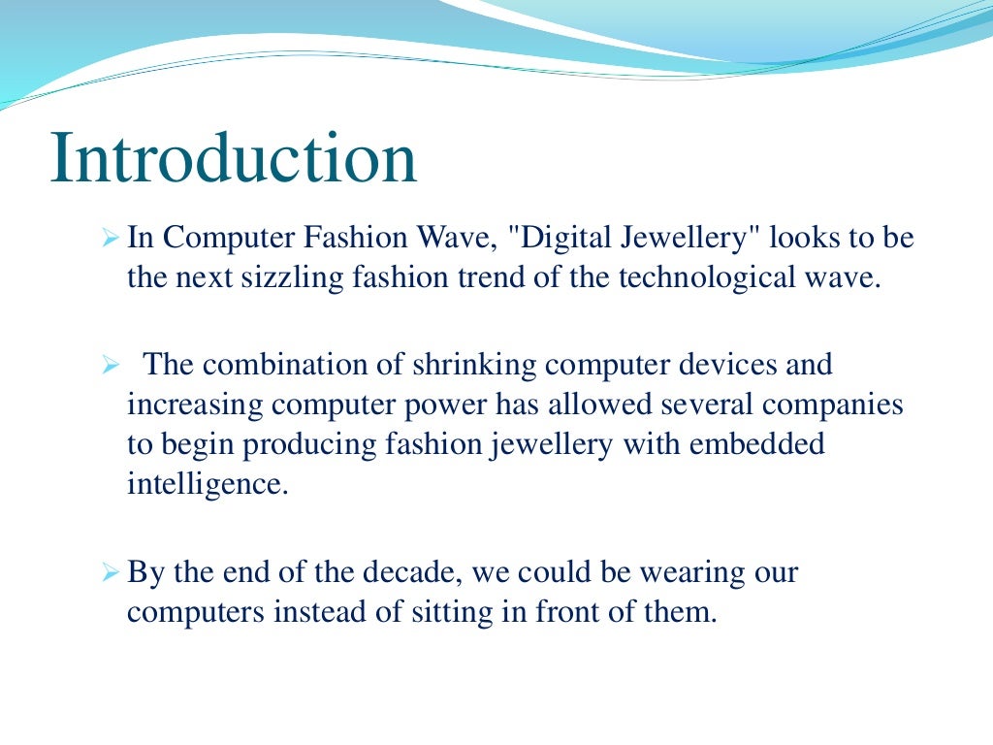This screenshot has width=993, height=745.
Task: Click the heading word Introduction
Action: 234,160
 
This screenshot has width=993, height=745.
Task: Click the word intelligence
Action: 208,483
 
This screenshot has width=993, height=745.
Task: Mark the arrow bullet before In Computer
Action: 110,238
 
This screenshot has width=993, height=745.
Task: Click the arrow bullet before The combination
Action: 110,366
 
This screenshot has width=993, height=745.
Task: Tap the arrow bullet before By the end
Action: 110,572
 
